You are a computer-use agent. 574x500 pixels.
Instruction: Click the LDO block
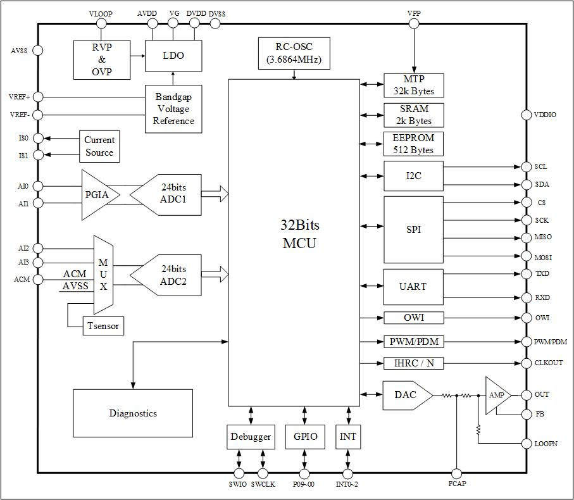[x=173, y=56]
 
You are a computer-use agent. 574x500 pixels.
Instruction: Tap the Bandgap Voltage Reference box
[x=173, y=109]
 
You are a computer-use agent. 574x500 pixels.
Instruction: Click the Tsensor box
[x=103, y=326]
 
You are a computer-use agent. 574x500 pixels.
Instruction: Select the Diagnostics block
[x=133, y=413]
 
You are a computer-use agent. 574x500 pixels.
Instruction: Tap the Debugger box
[x=251, y=437]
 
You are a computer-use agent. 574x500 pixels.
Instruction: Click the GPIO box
[x=305, y=437]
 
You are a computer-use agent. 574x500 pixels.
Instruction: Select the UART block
[x=413, y=287]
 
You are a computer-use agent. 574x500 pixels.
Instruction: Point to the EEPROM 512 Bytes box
[x=413, y=144]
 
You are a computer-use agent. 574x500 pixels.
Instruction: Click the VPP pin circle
[x=414, y=24]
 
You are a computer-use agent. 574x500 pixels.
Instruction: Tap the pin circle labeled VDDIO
[x=526, y=115]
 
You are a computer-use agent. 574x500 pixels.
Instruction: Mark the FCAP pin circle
[x=456, y=473]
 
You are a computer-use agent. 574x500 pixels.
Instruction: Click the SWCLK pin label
[x=263, y=485]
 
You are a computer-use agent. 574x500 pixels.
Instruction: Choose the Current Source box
[x=99, y=146]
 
